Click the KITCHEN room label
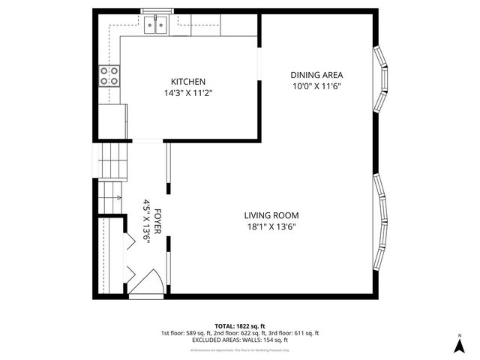point(187,82)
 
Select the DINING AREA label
point(316,74)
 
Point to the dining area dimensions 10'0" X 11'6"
point(316,86)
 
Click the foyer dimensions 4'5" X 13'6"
point(147,222)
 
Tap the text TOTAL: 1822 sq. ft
point(239,326)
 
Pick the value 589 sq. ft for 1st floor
point(202,333)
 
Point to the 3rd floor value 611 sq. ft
point(305,333)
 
